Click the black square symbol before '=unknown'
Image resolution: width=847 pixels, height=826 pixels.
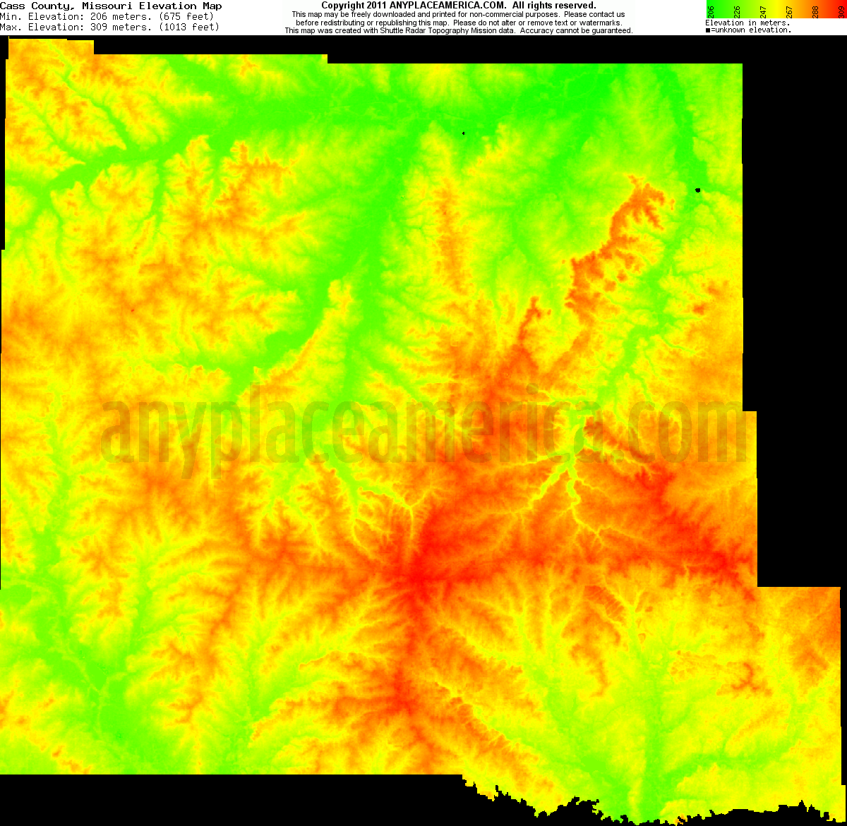(708, 30)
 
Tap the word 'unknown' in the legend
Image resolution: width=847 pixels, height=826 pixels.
(735, 30)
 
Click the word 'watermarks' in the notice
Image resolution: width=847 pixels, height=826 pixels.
(599, 23)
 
